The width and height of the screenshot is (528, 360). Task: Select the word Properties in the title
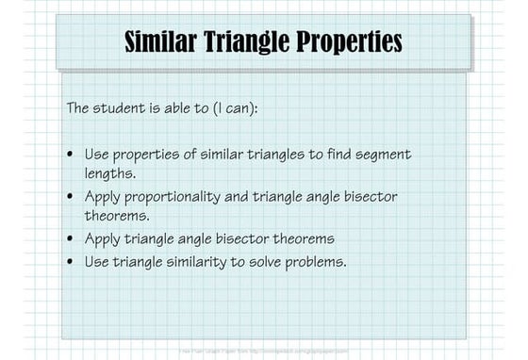[350, 42]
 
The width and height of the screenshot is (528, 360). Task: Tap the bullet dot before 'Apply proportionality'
[72, 197]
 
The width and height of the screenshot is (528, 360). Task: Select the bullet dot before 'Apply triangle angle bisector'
[72, 239]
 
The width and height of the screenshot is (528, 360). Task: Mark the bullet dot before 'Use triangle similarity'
[72, 261]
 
